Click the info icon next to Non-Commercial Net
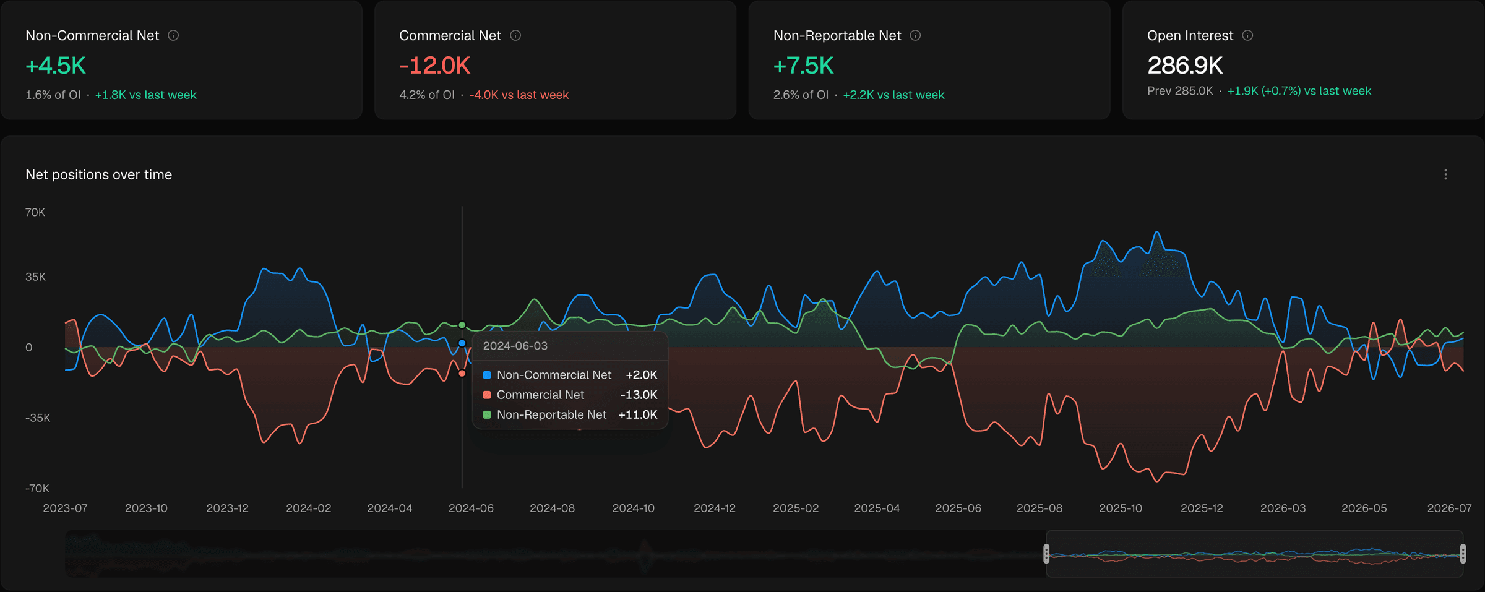(x=173, y=35)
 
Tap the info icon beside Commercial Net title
(x=515, y=35)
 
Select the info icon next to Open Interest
(x=1247, y=35)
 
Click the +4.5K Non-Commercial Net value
(x=56, y=66)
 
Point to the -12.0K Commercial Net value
(x=435, y=66)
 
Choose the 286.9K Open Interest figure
(x=1185, y=66)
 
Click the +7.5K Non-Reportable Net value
(x=804, y=66)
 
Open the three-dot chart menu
(x=1445, y=174)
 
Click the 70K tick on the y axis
(x=35, y=212)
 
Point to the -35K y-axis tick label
(x=38, y=418)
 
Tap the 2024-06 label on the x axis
(x=471, y=508)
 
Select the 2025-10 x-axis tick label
(x=1121, y=508)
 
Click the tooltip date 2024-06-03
(x=515, y=346)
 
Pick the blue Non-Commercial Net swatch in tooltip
(x=487, y=375)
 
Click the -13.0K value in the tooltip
(x=639, y=395)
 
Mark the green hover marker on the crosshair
(x=462, y=325)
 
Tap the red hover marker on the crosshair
(x=462, y=374)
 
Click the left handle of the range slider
(x=1046, y=554)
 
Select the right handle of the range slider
(x=1463, y=554)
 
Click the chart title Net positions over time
(x=99, y=174)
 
